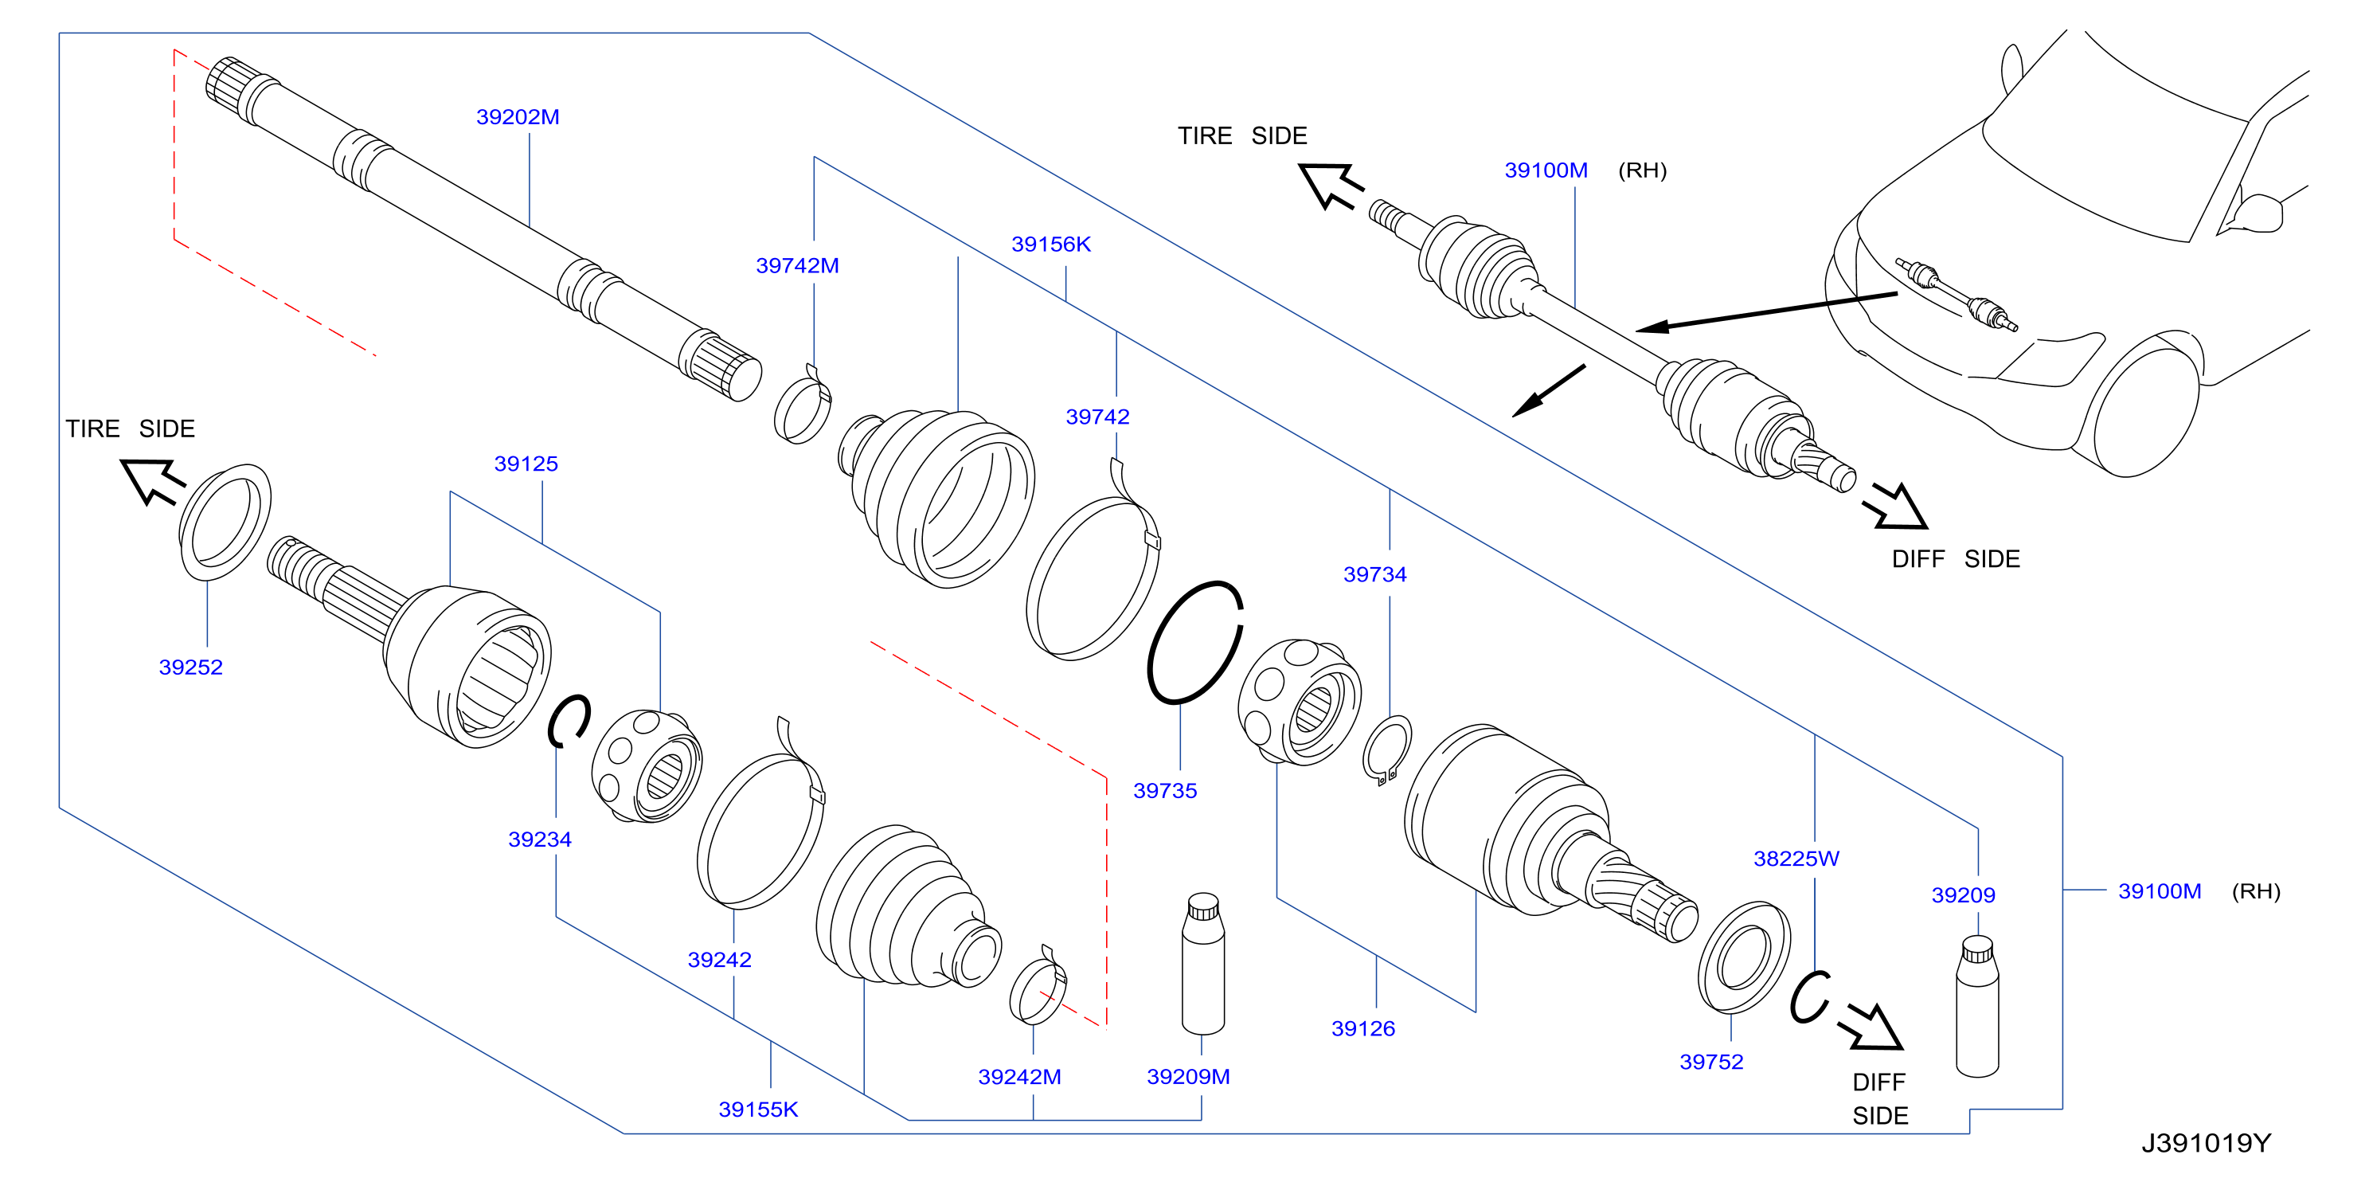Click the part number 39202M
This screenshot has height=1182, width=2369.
click(x=518, y=117)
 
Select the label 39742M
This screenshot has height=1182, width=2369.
click(x=797, y=266)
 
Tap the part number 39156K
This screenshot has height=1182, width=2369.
click(x=1051, y=245)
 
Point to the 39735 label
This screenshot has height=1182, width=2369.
click(x=1165, y=791)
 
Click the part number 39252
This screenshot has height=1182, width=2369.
click(x=191, y=667)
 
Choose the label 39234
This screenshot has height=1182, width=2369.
click(x=540, y=840)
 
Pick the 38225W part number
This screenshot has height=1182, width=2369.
click(x=1796, y=859)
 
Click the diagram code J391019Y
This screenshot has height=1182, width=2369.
click(x=2207, y=1143)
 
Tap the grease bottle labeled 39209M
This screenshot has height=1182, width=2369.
click(x=1203, y=964)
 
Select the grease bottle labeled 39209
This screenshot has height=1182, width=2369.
click(x=1977, y=1006)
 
